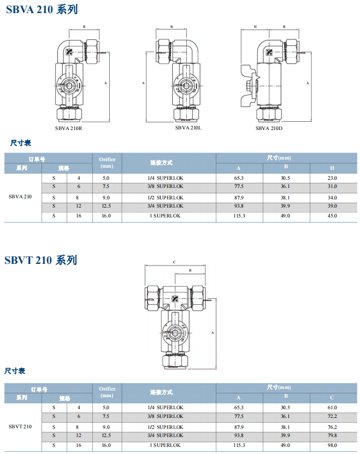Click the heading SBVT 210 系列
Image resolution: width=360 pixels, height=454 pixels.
tap(41, 260)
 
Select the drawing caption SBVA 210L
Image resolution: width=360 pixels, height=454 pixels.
tap(188, 127)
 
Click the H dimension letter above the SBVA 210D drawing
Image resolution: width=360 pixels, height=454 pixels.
tap(255, 26)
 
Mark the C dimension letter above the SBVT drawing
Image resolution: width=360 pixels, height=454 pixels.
tap(174, 262)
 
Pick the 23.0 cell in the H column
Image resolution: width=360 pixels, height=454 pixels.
tap(332, 178)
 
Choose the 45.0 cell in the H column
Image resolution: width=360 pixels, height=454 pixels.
tap(332, 216)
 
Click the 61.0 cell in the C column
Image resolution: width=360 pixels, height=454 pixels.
tap(332, 408)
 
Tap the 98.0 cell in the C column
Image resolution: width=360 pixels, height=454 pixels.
tap(332, 445)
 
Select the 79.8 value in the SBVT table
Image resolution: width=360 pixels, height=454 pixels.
tap(332, 435)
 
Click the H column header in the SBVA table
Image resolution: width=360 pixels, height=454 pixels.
tap(332, 168)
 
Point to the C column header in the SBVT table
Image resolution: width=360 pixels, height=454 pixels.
tap(332, 397)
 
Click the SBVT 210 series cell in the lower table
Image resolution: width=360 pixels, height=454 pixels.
tap(20, 426)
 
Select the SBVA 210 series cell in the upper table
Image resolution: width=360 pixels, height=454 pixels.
tap(20, 197)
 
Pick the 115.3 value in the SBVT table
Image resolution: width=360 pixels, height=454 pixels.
tap(239, 445)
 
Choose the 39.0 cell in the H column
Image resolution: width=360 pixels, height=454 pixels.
tap(332, 206)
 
